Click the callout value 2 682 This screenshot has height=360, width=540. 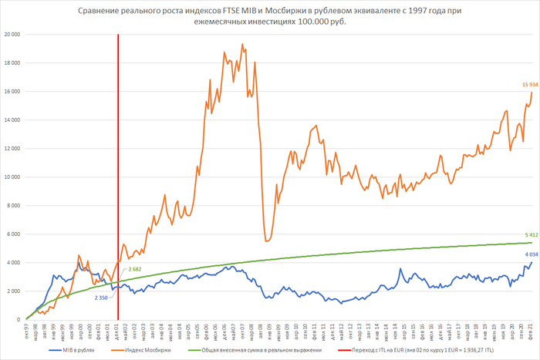136,268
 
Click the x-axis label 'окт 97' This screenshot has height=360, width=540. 26,331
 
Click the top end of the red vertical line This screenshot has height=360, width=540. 118,35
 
